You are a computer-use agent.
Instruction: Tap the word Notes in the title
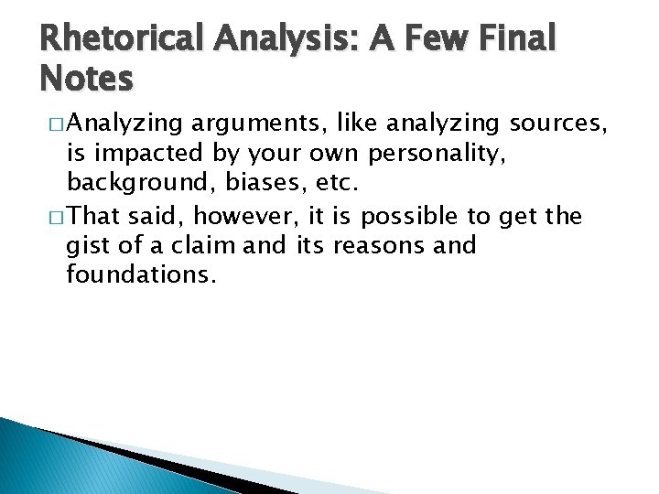point(87,80)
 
